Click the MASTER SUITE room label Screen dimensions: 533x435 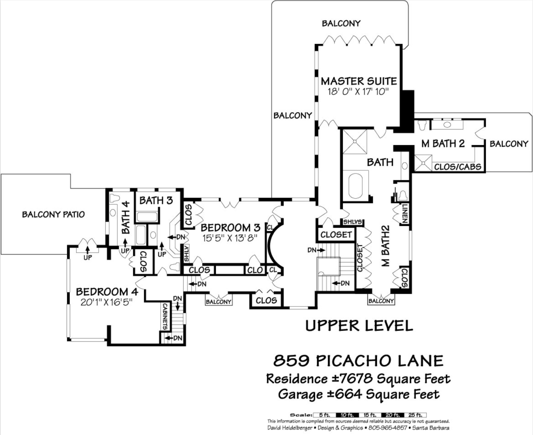point(359,81)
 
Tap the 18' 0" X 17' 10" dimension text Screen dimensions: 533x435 point(357,92)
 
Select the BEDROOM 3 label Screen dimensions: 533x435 point(230,228)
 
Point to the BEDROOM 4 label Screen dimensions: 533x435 point(107,292)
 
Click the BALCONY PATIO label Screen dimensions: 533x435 point(53,214)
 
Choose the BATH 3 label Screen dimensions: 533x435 point(156,200)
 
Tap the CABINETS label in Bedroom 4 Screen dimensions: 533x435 point(165,317)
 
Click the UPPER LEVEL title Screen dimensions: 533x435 point(359,326)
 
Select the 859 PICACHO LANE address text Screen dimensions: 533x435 point(359,361)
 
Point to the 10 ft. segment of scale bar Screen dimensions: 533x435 point(347,415)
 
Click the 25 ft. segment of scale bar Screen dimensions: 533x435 point(415,415)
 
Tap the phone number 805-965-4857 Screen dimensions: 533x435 point(388,428)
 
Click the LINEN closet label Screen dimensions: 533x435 point(405,213)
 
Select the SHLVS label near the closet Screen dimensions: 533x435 point(352,222)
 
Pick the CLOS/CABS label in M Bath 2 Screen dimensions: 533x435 point(458,167)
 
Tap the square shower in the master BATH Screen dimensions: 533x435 point(355,141)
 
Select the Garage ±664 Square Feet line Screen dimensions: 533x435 point(359,394)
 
